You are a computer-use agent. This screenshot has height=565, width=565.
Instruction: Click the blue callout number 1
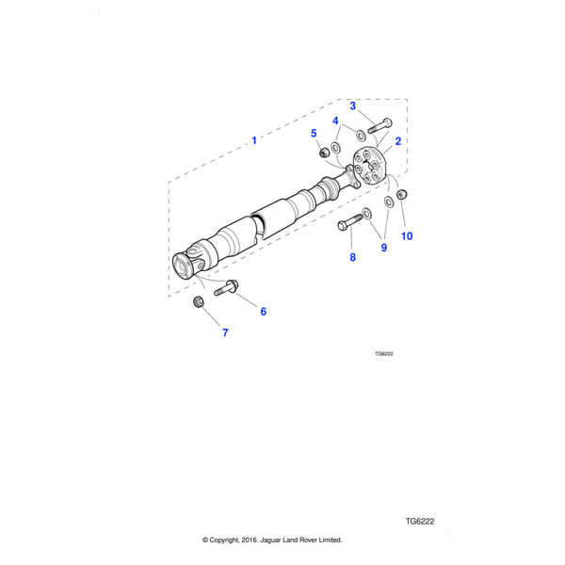pyautogui.click(x=254, y=140)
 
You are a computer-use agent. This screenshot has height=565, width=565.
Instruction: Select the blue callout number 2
pyautogui.click(x=397, y=141)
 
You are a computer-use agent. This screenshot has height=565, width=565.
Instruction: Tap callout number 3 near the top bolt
pyautogui.click(x=353, y=105)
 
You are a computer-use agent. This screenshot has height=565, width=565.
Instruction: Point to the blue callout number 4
pyautogui.click(x=335, y=121)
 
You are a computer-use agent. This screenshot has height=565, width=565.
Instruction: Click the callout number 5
pyautogui.click(x=314, y=134)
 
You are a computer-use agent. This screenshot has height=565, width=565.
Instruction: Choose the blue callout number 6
pyautogui.click(x=264, y=312)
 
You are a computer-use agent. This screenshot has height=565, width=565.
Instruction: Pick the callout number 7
pyautogui.click(x=225, y=332)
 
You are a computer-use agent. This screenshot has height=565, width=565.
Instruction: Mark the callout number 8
pyautogui.click(x=352, y=257)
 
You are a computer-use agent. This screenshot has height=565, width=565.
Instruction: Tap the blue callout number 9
pyautogui.click(x=384, y=248)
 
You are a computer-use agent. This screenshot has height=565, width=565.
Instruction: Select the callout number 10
pyautogui.click(x=407, y=236)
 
